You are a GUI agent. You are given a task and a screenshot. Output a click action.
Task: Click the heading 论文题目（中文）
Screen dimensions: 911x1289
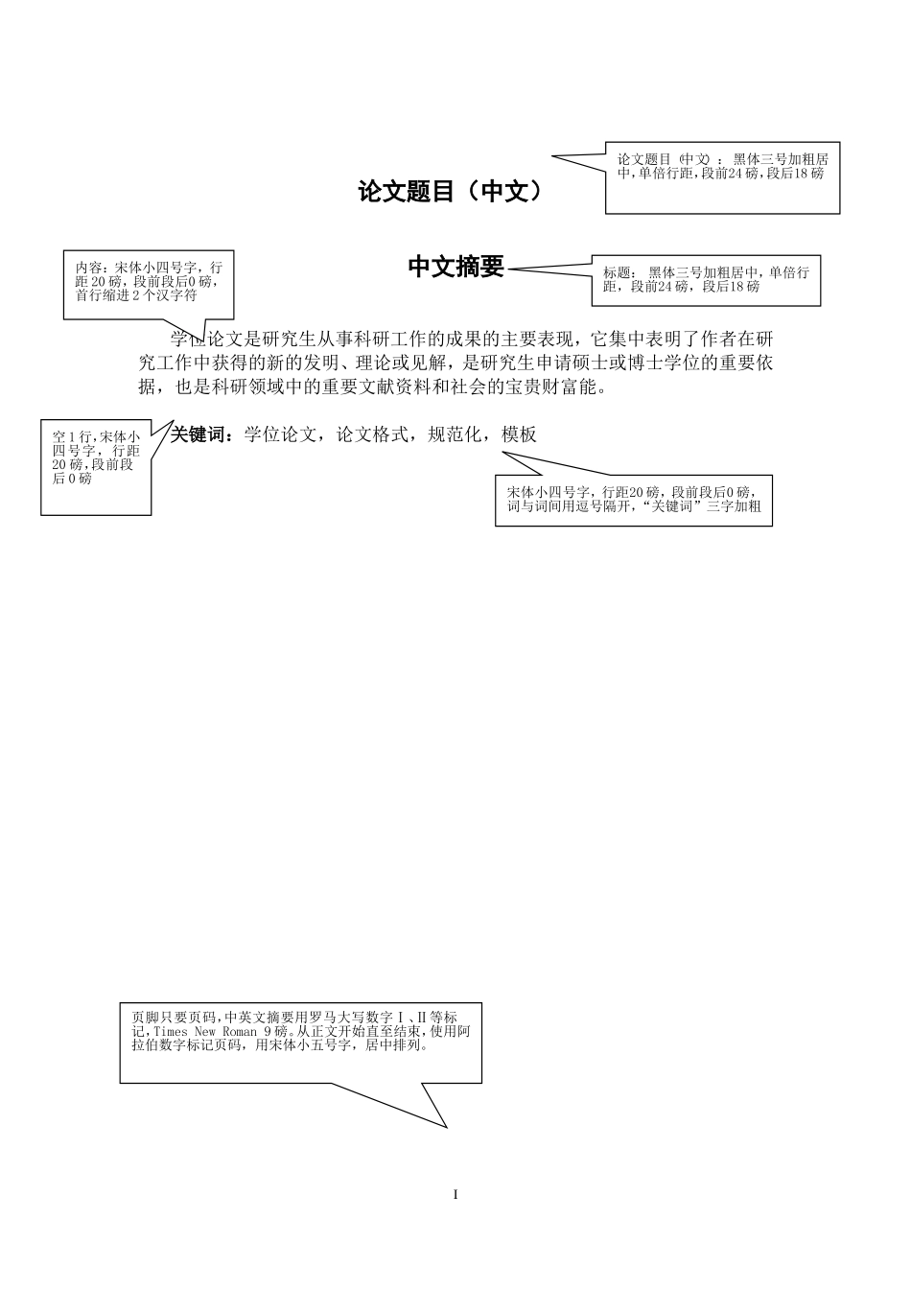click(450, 192)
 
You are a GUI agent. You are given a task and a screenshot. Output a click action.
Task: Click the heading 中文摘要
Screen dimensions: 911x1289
click(455, 267)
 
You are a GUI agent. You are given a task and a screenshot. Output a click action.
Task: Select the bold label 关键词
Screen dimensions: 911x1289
click(199, 434)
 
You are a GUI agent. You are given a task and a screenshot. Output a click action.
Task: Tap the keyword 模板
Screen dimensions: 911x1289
click(519, 434)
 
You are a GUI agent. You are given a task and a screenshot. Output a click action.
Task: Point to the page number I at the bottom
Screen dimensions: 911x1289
click(455, 1195)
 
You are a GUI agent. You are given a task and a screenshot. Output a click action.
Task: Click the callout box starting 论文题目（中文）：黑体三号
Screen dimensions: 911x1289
click(722, 178)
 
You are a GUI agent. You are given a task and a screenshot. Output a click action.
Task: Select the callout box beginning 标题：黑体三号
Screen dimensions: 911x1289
click(706, 280)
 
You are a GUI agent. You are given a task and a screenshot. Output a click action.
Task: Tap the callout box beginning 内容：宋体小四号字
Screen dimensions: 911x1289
click(148, 284)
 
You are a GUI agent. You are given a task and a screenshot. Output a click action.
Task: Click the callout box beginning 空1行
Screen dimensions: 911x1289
click(96, 466)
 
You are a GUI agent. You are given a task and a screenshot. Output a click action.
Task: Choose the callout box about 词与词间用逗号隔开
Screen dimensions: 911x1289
click(634, 500)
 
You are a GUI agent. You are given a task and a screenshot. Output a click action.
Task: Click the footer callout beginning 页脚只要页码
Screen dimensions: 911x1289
click(300, 1042)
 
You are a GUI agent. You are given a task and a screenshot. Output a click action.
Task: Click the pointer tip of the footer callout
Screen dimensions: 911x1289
click(447, 1127)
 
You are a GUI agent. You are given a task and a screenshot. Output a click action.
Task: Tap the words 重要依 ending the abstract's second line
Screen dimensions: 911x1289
click(746, 363)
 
